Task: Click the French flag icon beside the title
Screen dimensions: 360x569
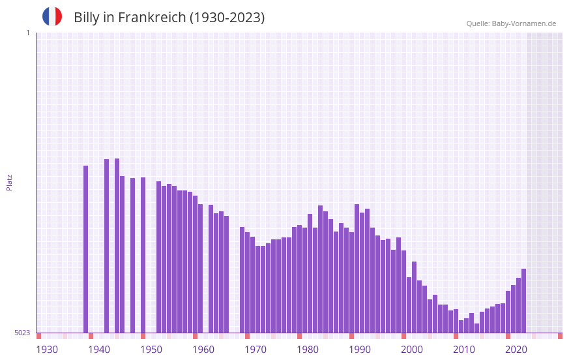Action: pyautogui.click(x=52, y=16)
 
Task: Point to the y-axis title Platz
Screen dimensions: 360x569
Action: pyautogui.click(x=9, y=182)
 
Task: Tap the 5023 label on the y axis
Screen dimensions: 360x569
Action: pyautogui.click(x=22, y=333)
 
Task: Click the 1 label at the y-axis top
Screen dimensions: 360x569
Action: pyautogui.click(x=27, y=33)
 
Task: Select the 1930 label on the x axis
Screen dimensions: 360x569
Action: pyautogui.click(x=47, y=350)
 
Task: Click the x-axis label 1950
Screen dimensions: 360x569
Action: pyautogui.click(x=151, y=350)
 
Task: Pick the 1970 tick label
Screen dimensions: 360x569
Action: pyautogui.click(x=255, y=350)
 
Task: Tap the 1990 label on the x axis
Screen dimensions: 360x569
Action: pyautogui.click(x=360, y=350)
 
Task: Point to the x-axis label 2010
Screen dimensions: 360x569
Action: pyautogui.click(x=464, y=350)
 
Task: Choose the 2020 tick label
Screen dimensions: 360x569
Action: pyautogui.click(x=516, y=350)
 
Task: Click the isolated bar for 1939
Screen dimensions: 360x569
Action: pyautogui.click(x=85, y=248)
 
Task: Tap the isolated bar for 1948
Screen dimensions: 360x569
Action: pyautogui.click(x=132, y=255)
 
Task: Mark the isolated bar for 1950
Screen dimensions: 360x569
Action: pyautogui.click(x=143, y=255)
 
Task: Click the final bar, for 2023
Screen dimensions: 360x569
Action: pyautogui.click(x=523, y=301)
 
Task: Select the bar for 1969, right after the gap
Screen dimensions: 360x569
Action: pyautogui.click(x=242, y=280)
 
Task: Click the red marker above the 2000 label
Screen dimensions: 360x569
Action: pyautogui.click(x=403, y=336)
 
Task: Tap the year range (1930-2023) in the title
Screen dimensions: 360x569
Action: pyautogui.click(x=227, y=18)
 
